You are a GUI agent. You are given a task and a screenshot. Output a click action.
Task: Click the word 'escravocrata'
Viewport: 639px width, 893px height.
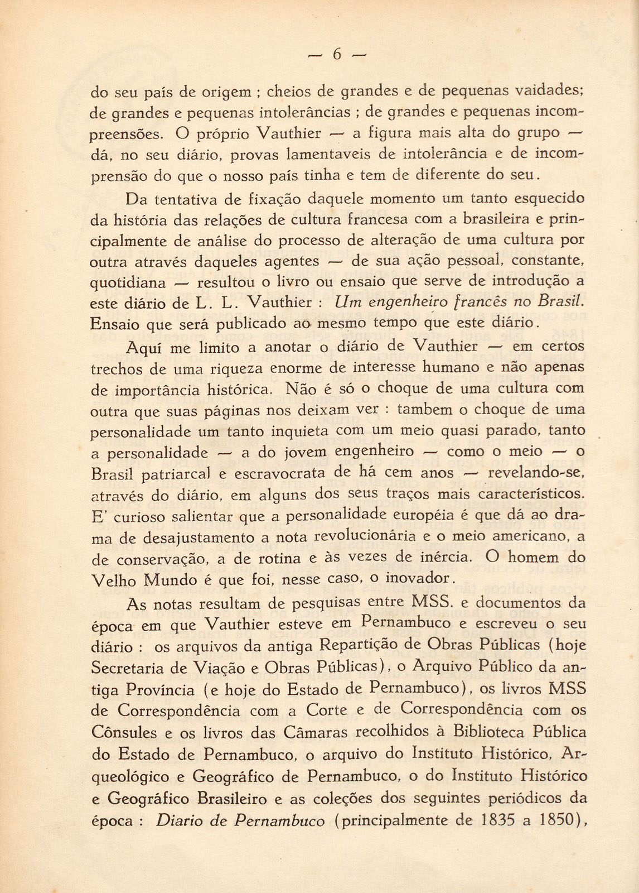(x=279, y=474)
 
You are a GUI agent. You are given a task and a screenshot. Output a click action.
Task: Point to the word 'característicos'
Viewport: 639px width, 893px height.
(x=530, y=494)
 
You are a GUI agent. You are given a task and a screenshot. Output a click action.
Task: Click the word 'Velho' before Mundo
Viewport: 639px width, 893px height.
(x=113, y=580)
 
